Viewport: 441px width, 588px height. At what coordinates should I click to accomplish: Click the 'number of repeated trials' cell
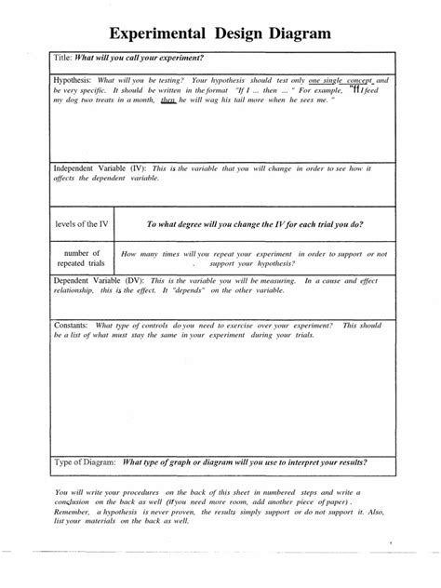click(83, 258)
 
